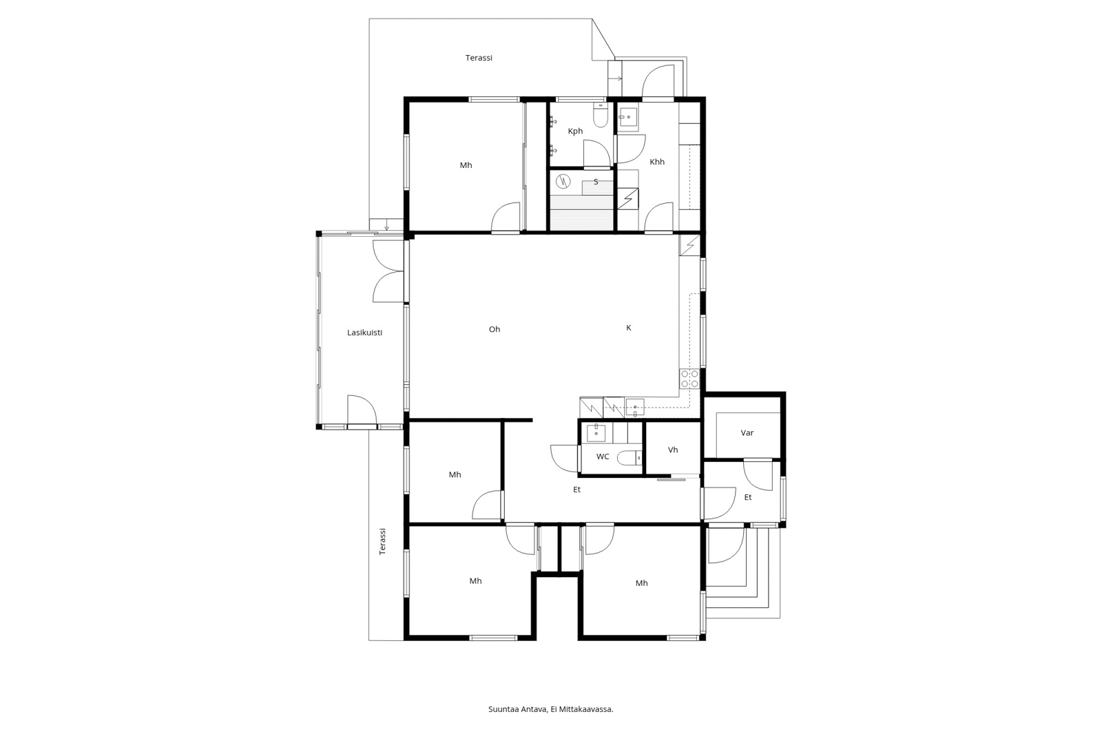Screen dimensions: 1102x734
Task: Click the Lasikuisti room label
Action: pos(364,333)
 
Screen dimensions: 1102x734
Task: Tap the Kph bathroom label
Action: pos(575,131)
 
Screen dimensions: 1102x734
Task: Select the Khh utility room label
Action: pos(657,161)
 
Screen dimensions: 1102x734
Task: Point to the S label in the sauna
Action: pos(596,182)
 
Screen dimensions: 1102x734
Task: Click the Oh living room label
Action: pos(495,329)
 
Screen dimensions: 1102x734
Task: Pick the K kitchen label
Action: pos(628,328)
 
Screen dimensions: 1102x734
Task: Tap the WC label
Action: pos(603,457)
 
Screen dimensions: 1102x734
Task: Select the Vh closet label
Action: pos(673,450)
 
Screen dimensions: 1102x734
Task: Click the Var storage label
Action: pos(747,433)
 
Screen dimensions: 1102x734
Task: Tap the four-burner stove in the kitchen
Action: pos(689,379)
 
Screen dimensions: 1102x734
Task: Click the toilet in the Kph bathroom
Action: pos(601,116)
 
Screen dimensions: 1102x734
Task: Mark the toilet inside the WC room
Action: pos(630,457)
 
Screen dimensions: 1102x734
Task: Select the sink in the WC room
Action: pos(596,432)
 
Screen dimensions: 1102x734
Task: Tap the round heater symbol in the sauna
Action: pos(563,182)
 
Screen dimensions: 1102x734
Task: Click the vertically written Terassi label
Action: pos(382,541)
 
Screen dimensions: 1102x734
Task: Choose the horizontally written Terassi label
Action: pos(479,58)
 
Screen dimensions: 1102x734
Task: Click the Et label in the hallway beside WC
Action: pos(576,490)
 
